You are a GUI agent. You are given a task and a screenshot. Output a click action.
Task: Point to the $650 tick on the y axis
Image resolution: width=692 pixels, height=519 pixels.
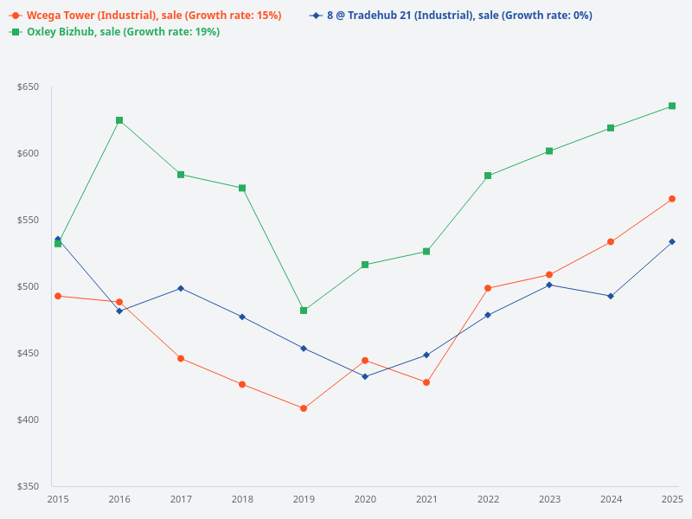29,87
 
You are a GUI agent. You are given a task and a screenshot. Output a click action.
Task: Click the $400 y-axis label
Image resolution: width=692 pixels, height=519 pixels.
29,420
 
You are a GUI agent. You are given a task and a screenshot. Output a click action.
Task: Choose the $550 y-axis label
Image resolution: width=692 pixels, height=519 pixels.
29,221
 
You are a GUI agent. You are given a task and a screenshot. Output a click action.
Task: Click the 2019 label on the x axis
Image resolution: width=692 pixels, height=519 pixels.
304,499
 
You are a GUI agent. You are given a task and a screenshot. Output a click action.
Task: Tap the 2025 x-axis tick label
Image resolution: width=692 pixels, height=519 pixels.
672,499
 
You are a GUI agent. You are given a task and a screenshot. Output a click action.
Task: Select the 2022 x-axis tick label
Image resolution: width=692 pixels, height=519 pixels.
488,499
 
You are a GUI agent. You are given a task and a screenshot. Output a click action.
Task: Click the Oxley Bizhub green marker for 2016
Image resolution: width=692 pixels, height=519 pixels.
119,120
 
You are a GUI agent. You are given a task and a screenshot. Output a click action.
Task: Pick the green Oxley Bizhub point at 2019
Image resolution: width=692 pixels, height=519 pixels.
304,311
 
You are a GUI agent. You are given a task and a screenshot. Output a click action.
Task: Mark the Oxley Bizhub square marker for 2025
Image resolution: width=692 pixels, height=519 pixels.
672,106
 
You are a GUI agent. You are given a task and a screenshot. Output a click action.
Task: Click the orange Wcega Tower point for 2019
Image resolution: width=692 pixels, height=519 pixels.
304,408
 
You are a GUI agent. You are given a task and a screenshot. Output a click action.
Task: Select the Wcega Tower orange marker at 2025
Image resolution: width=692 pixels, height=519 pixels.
672,199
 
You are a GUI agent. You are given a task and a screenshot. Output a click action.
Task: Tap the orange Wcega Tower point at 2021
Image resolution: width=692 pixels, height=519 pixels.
426,382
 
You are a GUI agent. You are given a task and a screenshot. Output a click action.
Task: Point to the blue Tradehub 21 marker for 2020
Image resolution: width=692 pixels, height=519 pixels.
365,376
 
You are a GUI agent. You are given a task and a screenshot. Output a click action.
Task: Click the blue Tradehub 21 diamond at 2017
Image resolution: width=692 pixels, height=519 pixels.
181,288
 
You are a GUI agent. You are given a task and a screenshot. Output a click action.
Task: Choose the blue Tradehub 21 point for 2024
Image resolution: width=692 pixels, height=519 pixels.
611,296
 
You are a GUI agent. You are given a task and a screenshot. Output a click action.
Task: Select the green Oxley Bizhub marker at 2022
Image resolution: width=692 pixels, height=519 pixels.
488,176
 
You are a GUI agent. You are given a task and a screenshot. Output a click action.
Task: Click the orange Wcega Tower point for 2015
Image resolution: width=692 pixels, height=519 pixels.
58,296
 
